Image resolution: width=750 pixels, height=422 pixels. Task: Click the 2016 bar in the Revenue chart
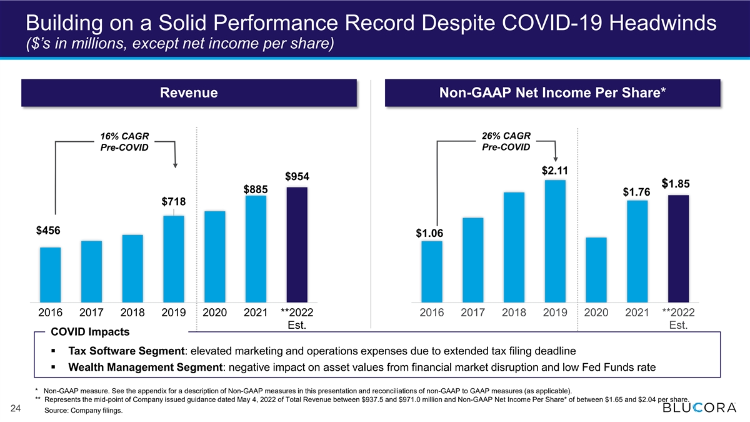[x=50, y=274]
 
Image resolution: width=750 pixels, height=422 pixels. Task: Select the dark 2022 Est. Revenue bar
[x=297, y=245]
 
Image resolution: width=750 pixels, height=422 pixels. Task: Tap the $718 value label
[x=174, y=201]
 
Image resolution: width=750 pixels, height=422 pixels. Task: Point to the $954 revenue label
[x=297, y=176]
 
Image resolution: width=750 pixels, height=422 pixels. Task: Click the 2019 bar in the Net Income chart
[x=555, y=241]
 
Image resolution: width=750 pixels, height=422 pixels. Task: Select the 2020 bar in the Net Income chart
[x=596, y=270]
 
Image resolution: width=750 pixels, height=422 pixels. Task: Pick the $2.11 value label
[x=555, y=171]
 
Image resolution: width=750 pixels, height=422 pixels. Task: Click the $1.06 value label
[x=429, y=233]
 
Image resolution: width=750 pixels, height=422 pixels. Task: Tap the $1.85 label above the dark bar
[x=676, y=184]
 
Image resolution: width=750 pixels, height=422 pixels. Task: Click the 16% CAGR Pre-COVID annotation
[x=124, y=142]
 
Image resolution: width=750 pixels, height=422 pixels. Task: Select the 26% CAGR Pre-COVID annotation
[x=506, y=141]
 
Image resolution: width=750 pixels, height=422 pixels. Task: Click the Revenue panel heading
[x=189, y=93]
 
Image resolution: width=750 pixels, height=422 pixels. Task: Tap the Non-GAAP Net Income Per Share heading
[x=552, y=93]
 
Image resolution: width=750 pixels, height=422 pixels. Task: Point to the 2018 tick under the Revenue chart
[x=132, y=313]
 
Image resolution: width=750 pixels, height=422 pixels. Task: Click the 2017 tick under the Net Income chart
[x=472, y=313]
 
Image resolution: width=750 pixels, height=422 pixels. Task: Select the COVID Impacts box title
[x=90, y=332]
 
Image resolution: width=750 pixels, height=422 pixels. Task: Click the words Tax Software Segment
[x=126, y=351]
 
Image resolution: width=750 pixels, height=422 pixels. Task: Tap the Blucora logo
[x=699, y=408]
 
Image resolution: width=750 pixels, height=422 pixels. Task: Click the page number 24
[x=16, y=408]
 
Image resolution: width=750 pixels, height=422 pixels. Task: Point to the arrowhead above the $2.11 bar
[x=556, y=159]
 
